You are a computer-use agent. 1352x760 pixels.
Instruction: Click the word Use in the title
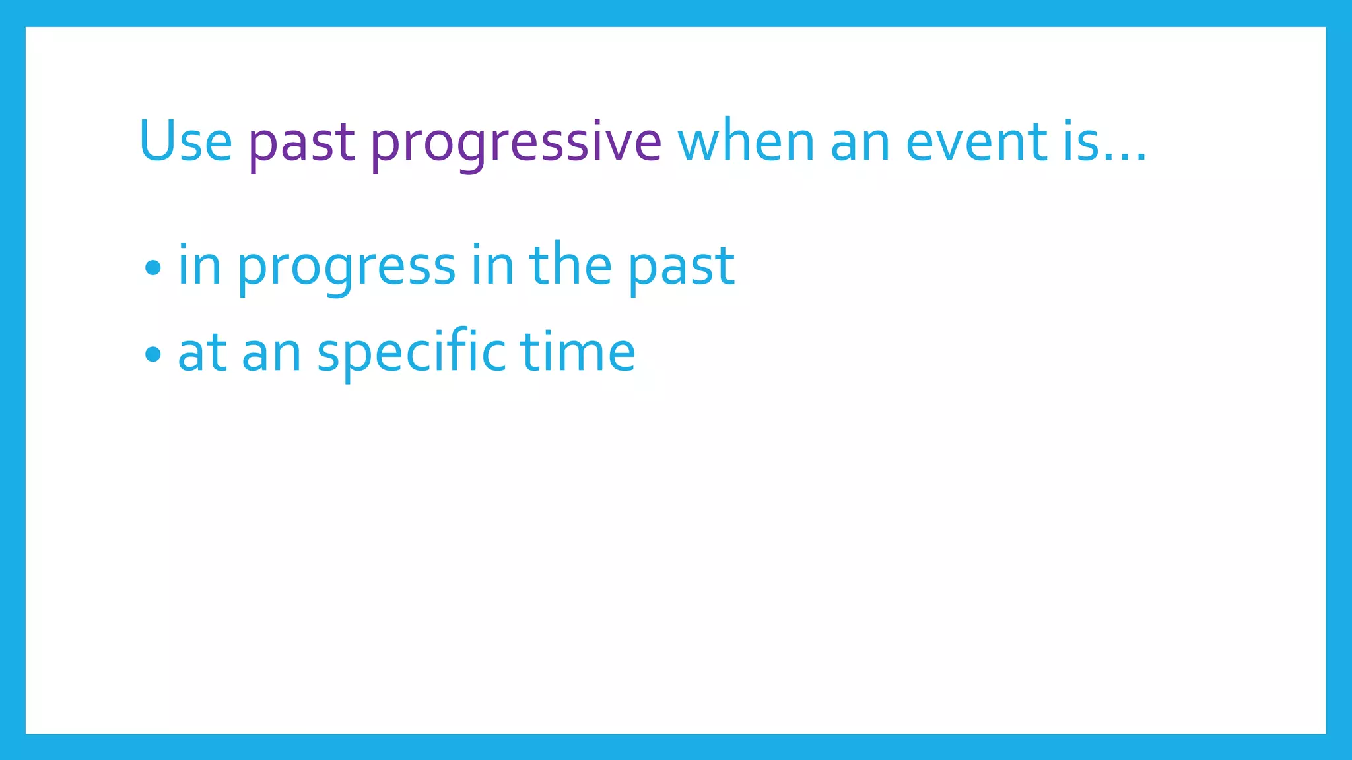click(186, 142)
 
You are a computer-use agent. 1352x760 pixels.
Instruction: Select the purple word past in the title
click(302, 144)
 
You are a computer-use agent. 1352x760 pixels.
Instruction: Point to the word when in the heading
click(746, 142)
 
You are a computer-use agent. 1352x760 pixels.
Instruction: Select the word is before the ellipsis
click(1081, 142)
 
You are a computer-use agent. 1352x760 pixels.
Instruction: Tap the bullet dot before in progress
click(152, 268)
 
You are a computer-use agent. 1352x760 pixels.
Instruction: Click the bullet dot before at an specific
click(152, 354)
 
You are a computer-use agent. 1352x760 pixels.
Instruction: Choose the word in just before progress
click(199, 265)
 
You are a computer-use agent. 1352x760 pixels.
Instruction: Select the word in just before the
click(492, 265)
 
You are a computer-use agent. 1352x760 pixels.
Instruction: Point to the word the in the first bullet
click(570, 264)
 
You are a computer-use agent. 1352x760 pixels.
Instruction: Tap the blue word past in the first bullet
click(681, 268)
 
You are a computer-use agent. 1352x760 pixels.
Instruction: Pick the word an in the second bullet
click(271, 355)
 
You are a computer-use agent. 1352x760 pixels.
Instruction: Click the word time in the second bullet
click(578, 352)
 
